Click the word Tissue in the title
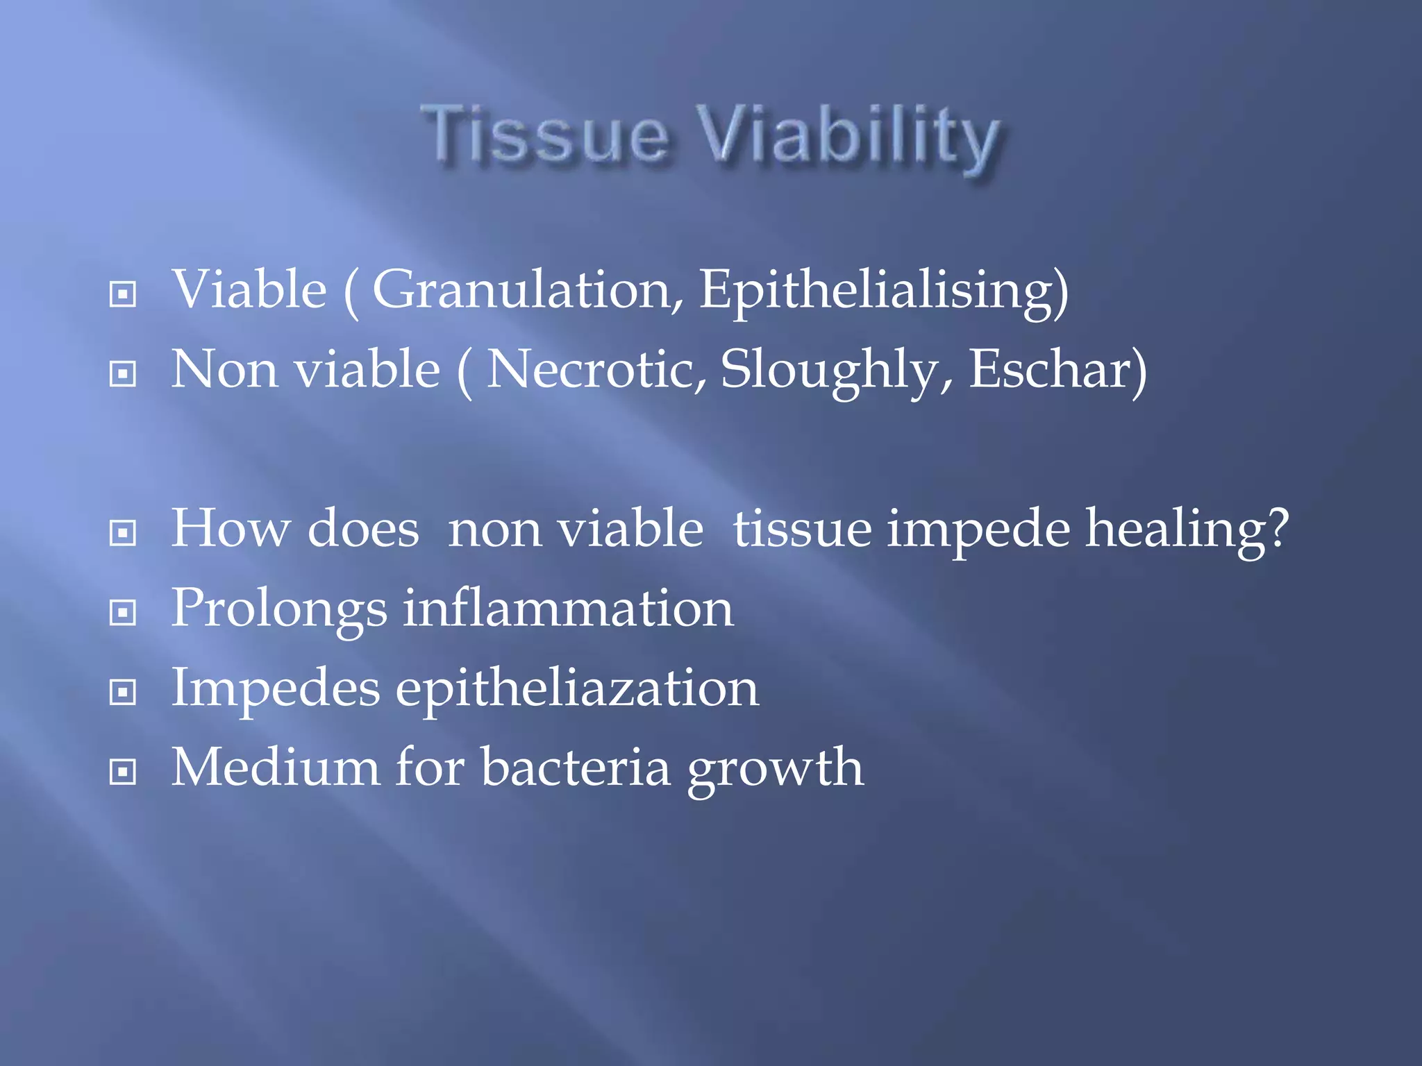545,135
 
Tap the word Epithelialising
882,291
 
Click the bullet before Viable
123,294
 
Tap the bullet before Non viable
123,374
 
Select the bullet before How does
123,533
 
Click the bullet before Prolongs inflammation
123,612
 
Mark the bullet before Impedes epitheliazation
123,692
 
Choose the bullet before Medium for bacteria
123,771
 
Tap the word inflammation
567,609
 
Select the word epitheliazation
577,689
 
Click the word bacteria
576,768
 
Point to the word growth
775,769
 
